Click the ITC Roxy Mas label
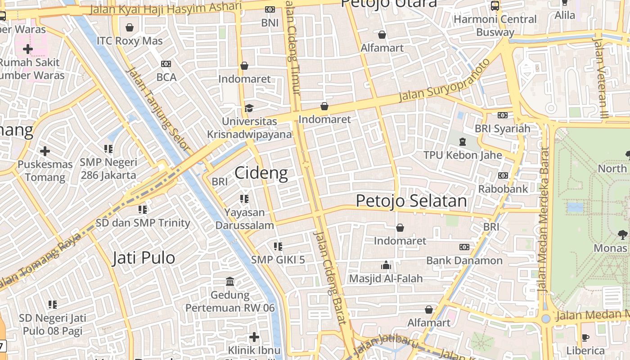[x=130, y=41]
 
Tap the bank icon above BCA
[x=166, y=64]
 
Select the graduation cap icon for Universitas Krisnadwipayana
[x=249, y=108]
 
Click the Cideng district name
[x=261, y=173]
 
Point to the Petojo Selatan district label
[x=411, y=201]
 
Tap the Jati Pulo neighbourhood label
[x=144, y=258]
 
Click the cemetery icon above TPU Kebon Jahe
[x=462, y=142]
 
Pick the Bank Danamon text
[x=464, y=261]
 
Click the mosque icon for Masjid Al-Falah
[x=386, y=265]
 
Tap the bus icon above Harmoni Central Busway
[x=495, y=6]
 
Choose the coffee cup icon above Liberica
[x=585, y=337]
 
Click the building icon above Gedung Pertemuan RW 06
[x=230, y=282]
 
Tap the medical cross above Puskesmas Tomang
[x=45, y=151]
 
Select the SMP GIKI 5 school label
[x=278, y=260]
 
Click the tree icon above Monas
[x=622, y=234]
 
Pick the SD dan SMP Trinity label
[x=143, y=223]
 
